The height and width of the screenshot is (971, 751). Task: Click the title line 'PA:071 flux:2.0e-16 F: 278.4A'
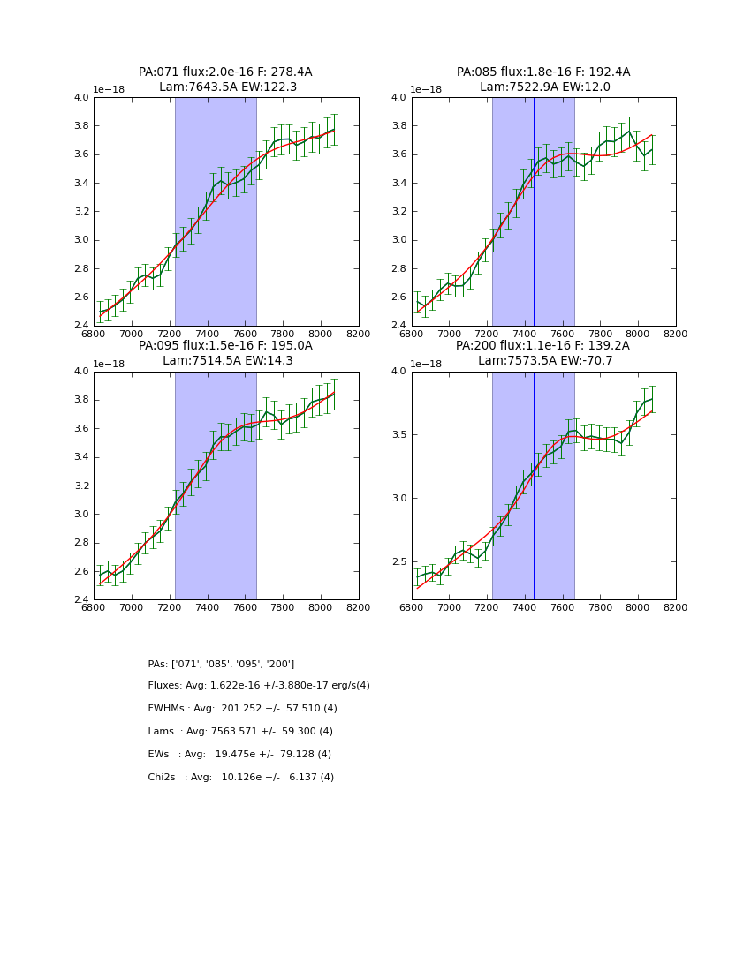pyautogui.click(x=225, y=72)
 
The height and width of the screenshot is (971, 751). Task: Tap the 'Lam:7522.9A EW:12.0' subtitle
pyautogui.click(x=544, y=87)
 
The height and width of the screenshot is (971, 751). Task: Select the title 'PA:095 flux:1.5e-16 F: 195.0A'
pyautogui.click(x=225, y=346)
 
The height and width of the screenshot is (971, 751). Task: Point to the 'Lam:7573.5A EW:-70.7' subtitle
pyautogui.click(x=544, y=361)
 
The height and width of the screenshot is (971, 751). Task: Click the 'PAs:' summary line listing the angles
pyautogui.click(x=221, y=664)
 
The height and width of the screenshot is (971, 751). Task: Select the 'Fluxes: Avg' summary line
pyautogui.click(x=259, y=686)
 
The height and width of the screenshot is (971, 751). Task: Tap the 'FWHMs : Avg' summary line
pyautogui.click(x=242, y=709)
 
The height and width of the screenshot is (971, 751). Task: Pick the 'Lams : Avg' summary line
pyautogui.click(x=240, y=732)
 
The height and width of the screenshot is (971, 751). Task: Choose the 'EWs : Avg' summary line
pyautogui.click(x=239, y=755)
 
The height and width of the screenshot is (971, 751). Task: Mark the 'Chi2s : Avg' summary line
pyautogui.click(x=240, y=778)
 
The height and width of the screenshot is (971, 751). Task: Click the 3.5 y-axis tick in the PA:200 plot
pyautogui.click(x=398, y=435)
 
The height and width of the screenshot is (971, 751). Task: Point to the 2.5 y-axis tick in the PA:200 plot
pyautogui.click(x=398, y=562)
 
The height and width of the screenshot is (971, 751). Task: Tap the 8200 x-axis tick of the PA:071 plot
pyautogui.click(x=358, y=334)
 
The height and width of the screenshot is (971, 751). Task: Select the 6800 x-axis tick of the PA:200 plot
pyautogui.click(x=412, y=607)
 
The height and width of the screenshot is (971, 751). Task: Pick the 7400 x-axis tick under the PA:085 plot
pyautogui.click(x=525, y=334)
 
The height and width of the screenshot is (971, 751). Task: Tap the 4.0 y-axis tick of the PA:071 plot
pyautogui.click(x=80, y=98)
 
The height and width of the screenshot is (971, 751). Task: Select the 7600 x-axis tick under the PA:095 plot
pyautogui.click(x=245, y=607)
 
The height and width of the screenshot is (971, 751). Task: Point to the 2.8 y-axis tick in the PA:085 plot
pyautogui.click(x=398, y=268)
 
